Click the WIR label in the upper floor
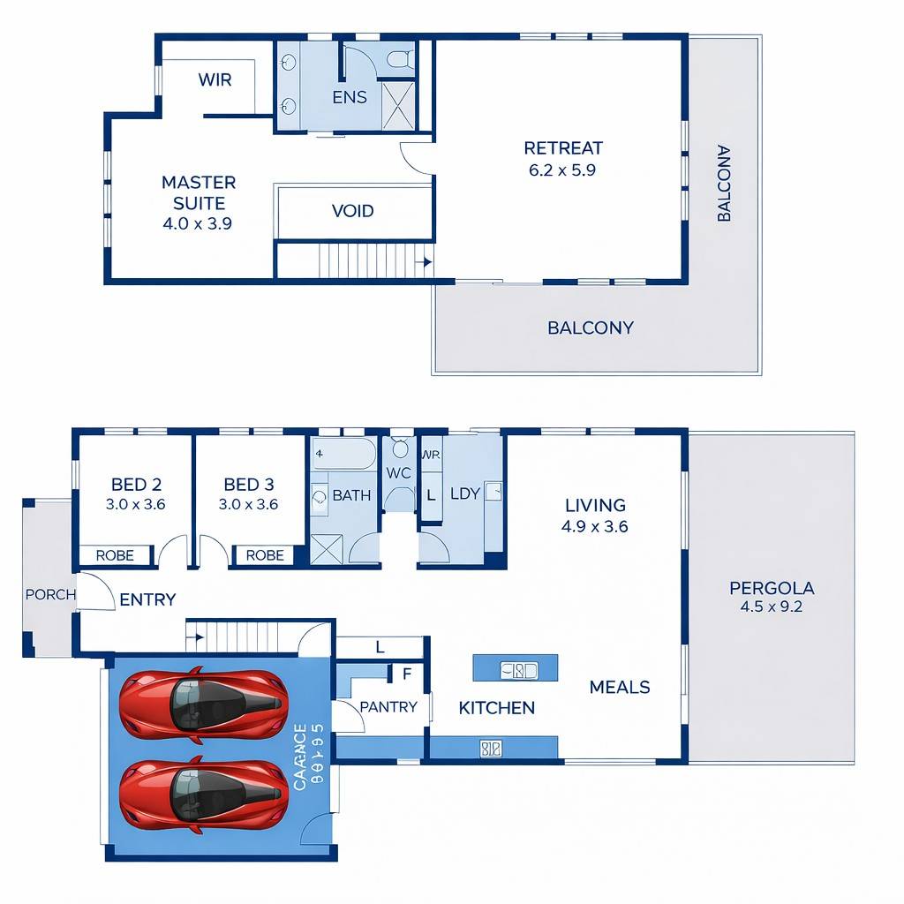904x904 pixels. [215, 80]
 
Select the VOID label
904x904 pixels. [353, 211]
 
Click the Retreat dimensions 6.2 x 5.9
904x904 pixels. [562, 170]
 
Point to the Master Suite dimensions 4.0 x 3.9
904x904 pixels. [198, 224]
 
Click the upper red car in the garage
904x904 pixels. [203, 704]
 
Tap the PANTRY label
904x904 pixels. [388, 707]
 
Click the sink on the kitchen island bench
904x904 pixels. [516, 670]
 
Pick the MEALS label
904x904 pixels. [620, 687]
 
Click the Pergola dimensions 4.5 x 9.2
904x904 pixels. [772, 607]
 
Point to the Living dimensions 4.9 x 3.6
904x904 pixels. [595, 526]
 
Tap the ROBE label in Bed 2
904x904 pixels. [115, 555]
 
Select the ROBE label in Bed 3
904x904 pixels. [265, 555]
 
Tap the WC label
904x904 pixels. [399, 473]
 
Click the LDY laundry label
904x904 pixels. [465, 493]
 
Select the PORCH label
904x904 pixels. [50, 594]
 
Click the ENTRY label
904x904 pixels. [147, 599]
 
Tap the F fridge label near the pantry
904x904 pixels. [406, 674]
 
